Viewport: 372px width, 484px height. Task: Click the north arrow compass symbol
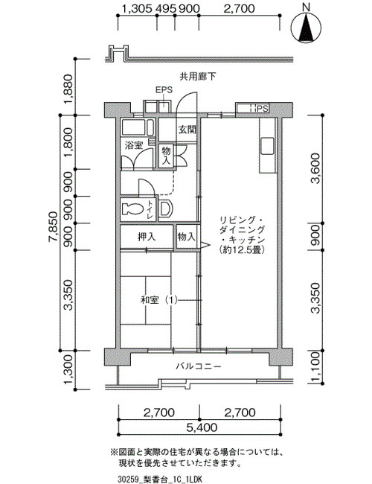click(306, 27)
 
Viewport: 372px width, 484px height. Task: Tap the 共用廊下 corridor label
click(198, 76)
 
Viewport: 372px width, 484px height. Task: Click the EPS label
click(164, 90)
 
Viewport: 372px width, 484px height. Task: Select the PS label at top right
click(263, 109)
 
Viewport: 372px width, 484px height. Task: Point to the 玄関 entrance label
click(187, 130)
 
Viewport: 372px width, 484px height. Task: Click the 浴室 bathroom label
click(134, 145)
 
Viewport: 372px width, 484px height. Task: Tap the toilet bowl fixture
click(132, 209)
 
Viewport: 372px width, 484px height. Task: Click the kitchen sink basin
click(267, 146)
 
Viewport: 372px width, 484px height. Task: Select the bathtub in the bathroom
click(138, 127)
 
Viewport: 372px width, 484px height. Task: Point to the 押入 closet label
click(147, 237)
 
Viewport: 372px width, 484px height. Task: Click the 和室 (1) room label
click(159, 300)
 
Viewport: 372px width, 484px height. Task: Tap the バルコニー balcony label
click(199, 366)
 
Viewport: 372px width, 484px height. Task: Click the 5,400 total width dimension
click(202, 427)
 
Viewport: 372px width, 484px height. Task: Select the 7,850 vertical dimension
click(53, 228)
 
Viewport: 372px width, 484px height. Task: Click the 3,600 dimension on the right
click(316, 168)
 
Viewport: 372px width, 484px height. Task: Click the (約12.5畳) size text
click(242, 249)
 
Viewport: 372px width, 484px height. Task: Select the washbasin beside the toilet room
click(165, 208)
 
